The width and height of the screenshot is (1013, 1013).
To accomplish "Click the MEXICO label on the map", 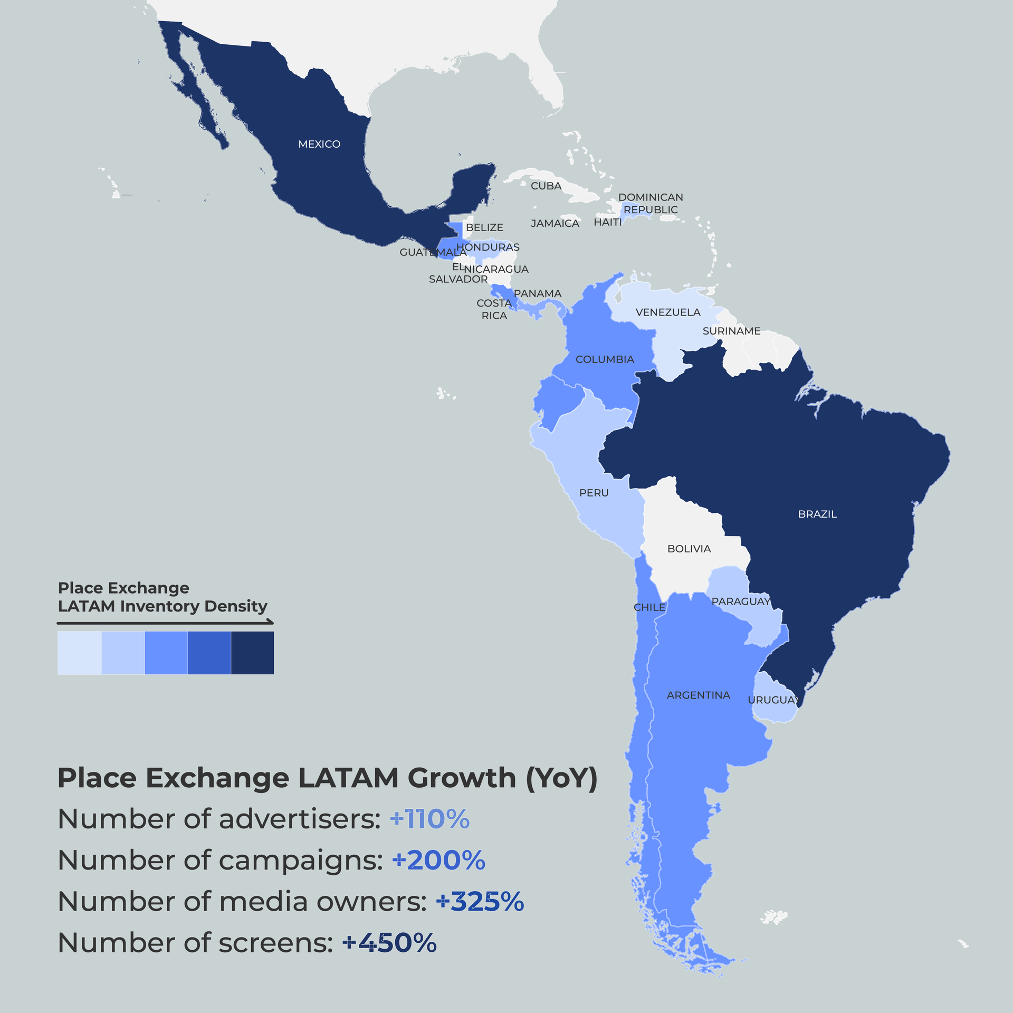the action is coord(319,144).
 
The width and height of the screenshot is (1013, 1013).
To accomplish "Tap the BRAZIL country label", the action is coord(817,514).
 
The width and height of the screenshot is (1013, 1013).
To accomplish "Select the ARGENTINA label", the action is coord(699,695).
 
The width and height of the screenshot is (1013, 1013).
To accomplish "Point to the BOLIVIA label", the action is coord(689,549).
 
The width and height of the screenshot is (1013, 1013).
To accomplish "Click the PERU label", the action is coord(594,493).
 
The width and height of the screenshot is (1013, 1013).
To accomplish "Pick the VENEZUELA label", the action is coord(668,312).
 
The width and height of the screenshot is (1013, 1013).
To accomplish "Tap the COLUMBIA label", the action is coord(605,359).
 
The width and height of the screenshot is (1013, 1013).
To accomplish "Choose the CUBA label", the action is coord(546,186).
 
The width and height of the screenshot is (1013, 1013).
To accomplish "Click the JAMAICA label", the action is coord(555,223).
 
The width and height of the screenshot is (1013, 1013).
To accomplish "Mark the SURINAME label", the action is coord(731,331).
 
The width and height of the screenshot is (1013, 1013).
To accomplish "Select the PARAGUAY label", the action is coord(741,601).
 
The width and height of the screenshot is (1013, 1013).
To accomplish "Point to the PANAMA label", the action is coord(538,293).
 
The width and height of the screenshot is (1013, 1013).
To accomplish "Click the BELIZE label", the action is coord(484,227).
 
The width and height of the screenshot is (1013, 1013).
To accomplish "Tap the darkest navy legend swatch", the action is coord(252,653).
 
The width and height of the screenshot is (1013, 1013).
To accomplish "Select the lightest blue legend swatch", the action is coord(79,653).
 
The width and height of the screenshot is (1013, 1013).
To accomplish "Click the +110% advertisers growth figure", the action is coord(429,819).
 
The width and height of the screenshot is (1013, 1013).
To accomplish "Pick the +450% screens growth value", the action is coord(389,943).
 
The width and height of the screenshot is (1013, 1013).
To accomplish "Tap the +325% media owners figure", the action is coord(480,902).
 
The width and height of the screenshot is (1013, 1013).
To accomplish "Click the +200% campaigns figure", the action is coord(438,861).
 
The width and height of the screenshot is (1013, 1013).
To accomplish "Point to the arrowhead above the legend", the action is coord(271,622).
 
